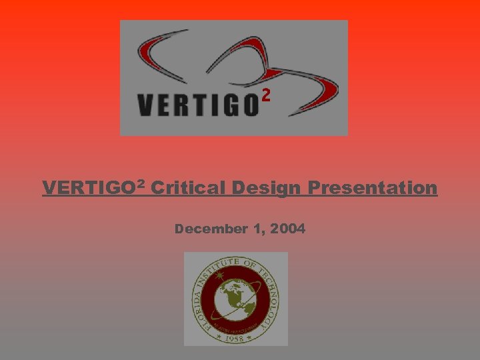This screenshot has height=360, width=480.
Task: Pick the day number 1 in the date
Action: coord(259,229)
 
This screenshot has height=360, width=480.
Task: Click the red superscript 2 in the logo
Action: coord(266,97)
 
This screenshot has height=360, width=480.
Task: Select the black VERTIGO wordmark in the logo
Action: coord(197,105)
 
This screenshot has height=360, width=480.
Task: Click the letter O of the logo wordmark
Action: coord(248,105)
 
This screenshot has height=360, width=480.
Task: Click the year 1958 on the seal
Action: coord(235,337)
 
